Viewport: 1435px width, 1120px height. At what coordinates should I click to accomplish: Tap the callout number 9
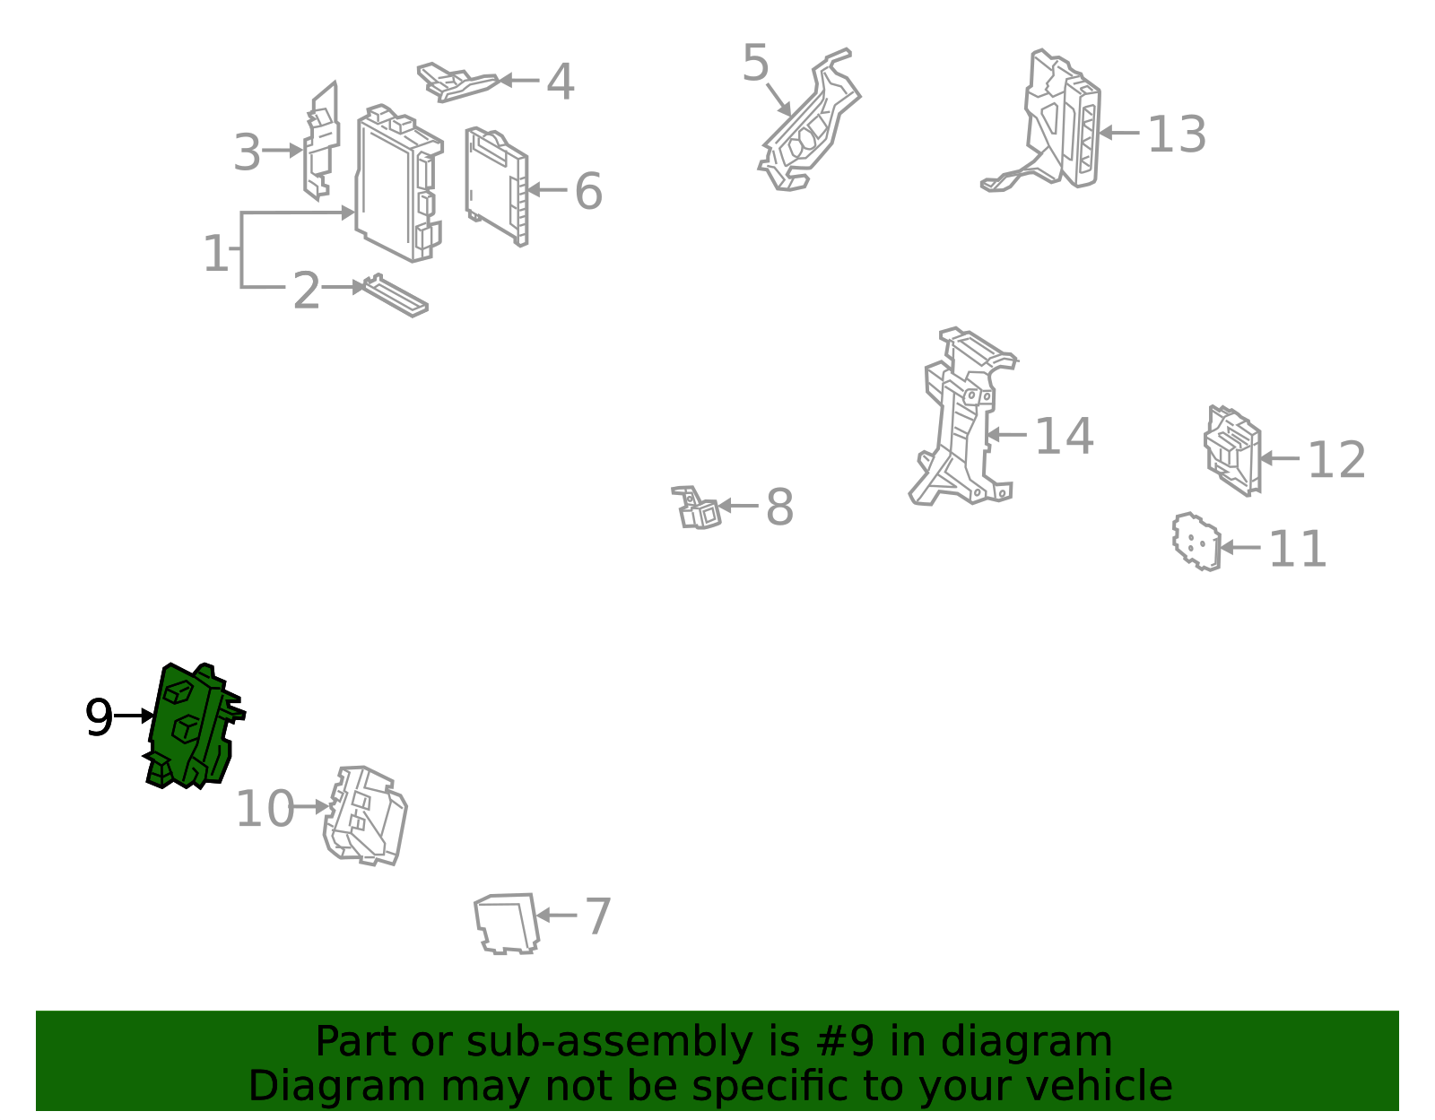(x=99, y=717)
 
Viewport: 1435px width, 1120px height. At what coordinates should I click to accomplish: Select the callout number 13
(x=1177, y=135)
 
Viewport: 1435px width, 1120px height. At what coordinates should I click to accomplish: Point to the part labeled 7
(x=507, y=924)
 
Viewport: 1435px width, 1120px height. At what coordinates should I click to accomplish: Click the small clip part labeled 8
(x=696, y=508)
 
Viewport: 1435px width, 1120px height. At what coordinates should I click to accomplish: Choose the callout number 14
(x=1064, y=436)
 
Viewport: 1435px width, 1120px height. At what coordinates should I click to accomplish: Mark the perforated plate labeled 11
(x=1196, y=542)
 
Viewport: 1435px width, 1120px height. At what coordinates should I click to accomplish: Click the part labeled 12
(x=1232, y=451)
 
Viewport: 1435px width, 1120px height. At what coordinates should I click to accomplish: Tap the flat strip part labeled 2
(x=396, y=296)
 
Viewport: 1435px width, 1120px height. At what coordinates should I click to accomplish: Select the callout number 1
(x=215, y=253)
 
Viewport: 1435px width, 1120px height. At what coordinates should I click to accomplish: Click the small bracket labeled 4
(x=457, y=82)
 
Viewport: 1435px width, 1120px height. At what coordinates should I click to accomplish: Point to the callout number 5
(x=755, y=63)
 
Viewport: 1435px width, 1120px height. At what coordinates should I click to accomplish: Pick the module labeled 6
(x=497, y=187)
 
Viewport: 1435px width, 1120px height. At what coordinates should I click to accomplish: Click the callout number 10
(x=265, y=809)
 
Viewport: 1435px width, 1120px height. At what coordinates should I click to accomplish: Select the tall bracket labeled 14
(x=962, y=416)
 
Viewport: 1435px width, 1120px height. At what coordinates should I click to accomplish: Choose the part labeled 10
(x=365, y=816)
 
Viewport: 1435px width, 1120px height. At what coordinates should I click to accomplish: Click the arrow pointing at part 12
(x=1280, y=458)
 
